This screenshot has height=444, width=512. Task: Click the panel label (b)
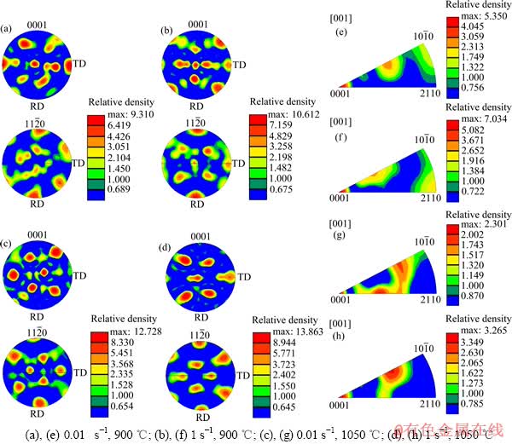tap(169, 31)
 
